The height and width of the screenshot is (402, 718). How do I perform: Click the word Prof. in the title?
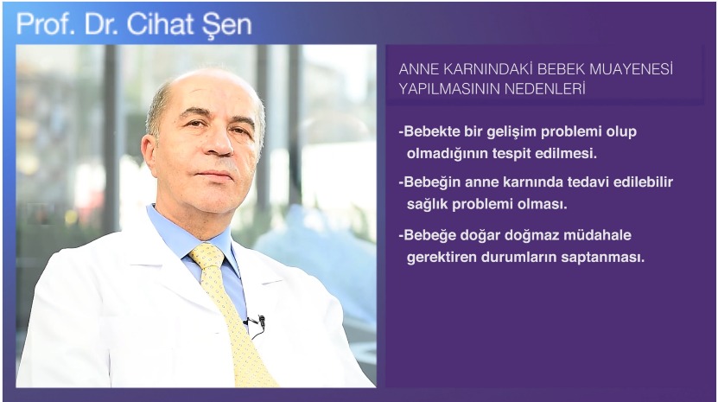pyautogui.click(x=45, y=24)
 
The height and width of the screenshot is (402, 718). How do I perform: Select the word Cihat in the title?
pyautogui.click(x=160, y=24)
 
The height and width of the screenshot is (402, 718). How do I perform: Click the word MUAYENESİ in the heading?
pyautogui.click(x=631, y=69)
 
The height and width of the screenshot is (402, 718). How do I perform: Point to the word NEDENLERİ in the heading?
pyautogui.click(x=545, y=88)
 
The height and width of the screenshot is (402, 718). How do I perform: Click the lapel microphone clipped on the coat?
pyautogui.click(x=261, y=321)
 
